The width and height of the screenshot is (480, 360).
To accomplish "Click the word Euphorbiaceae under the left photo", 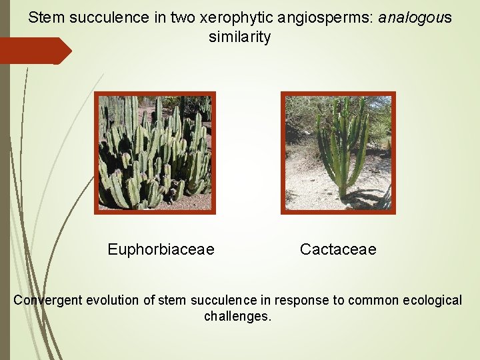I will (161, 249).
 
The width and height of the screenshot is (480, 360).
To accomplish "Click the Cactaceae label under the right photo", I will (338, 249).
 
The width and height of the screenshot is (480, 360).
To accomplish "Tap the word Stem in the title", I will (44, 18).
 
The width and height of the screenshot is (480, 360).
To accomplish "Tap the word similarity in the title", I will (239, 37).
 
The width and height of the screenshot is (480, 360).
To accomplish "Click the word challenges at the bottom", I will (238, 316).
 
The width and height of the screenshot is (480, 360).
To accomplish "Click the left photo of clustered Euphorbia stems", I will (155, 153).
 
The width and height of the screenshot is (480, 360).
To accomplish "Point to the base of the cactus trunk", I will (342, 194).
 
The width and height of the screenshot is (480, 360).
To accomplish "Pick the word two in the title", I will (157, 18).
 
